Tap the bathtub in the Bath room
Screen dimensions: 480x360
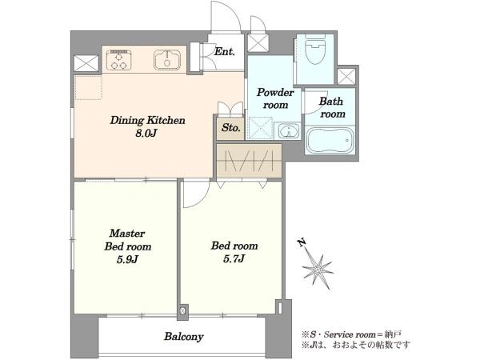330,140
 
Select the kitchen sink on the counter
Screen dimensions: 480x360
167,59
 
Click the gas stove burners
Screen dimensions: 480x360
119,59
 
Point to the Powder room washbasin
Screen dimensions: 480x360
288,132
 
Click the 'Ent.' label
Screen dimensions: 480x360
224,51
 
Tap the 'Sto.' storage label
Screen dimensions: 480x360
231,128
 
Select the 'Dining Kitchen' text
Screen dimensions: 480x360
147,120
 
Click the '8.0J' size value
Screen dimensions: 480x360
146,133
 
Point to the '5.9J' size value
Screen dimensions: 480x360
128,259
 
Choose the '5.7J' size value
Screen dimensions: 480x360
234,259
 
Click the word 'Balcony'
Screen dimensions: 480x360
184,337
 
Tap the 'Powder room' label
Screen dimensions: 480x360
275,98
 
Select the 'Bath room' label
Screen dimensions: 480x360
331,107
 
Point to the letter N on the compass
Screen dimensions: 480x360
302,242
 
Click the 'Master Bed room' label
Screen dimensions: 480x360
128,240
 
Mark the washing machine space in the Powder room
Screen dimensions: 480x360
260,128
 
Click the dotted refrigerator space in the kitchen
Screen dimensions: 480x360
88,87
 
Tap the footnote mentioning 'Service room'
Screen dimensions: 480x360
351,334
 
